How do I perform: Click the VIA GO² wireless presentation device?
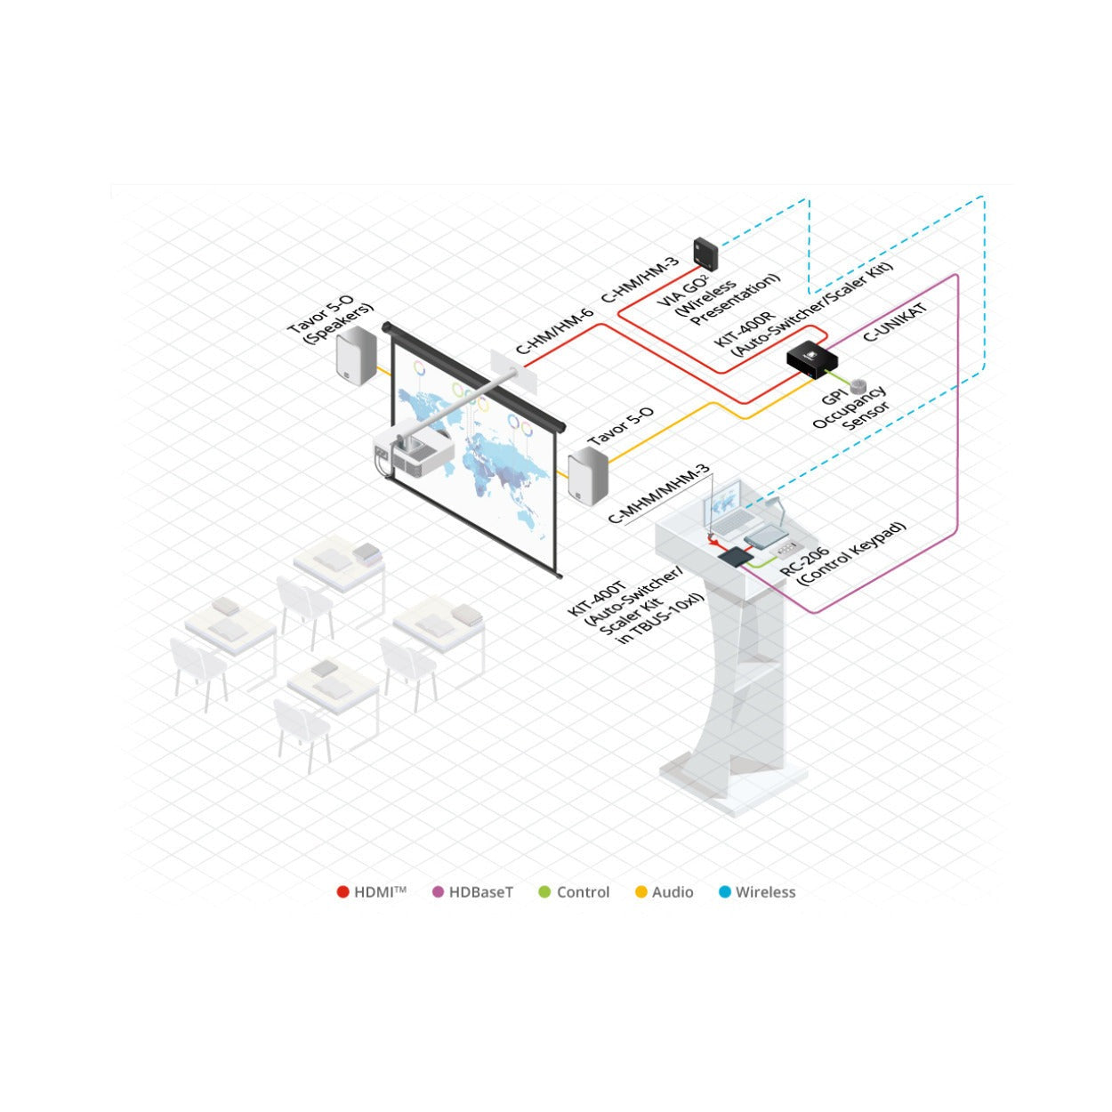point(705,254)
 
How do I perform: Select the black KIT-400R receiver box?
point(812,359)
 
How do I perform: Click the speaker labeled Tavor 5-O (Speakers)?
point(357,355)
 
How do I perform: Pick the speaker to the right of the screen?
point(588,477)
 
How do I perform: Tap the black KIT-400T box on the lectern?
point(736,556)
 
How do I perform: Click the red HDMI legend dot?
point(342,892)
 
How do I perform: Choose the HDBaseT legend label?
point(480,892)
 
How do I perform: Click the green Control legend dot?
point(544,892)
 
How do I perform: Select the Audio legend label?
point(673,892)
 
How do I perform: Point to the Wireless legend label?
point(765,892)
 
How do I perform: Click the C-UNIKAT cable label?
point(895,322)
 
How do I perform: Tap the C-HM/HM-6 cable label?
point(554,332)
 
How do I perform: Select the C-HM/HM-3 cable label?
point(641,280)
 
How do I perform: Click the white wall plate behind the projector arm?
point(513,372)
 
